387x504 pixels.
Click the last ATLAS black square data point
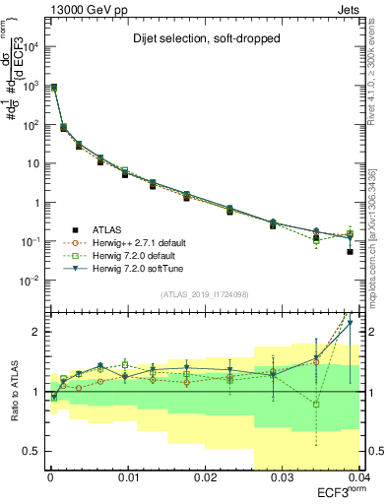[x=350, y=252]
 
